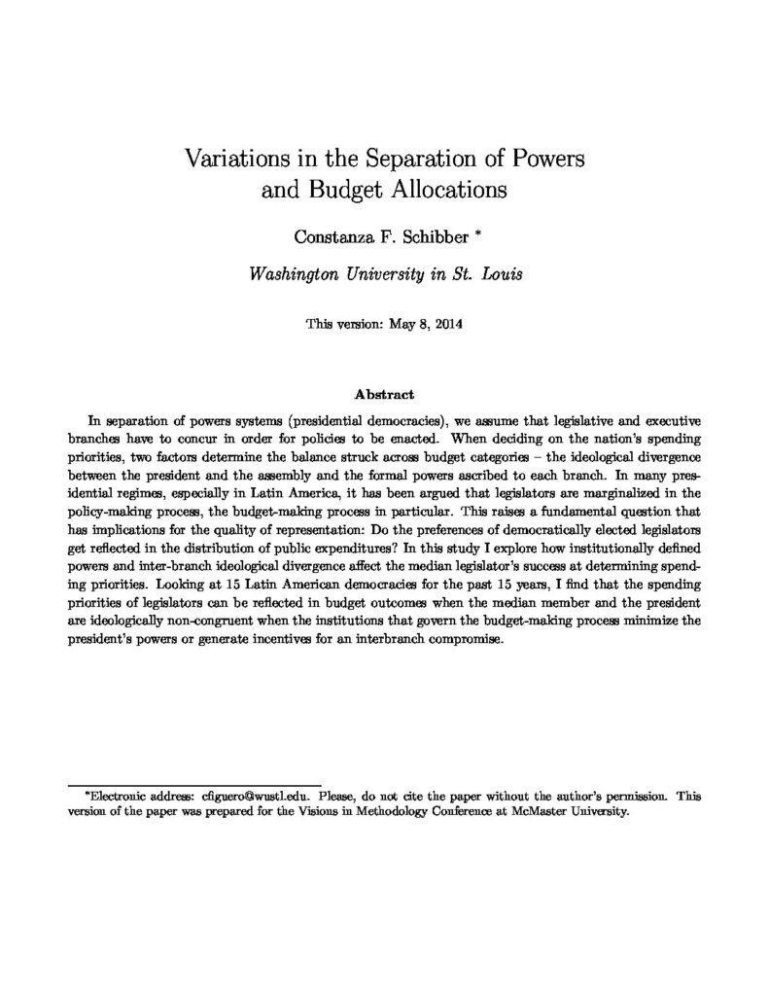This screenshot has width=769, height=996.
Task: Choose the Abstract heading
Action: click(x=384, y=395)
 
